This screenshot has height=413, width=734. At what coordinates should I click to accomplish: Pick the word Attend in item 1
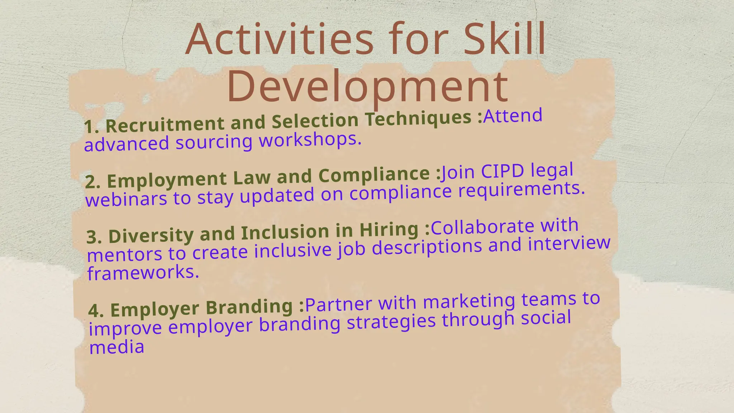tap(513, 116)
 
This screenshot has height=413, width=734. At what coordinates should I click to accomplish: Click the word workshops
tap(310, 139)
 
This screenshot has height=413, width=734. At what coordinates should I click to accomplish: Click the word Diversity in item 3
tap(151, 235)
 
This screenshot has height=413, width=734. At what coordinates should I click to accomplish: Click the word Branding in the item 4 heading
tap(249, 307)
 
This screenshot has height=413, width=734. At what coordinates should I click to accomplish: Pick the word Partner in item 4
tap(338, 304)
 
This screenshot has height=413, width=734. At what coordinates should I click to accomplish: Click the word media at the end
tap(117, 347)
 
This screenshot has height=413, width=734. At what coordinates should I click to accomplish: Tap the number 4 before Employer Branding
tap(94, 310)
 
